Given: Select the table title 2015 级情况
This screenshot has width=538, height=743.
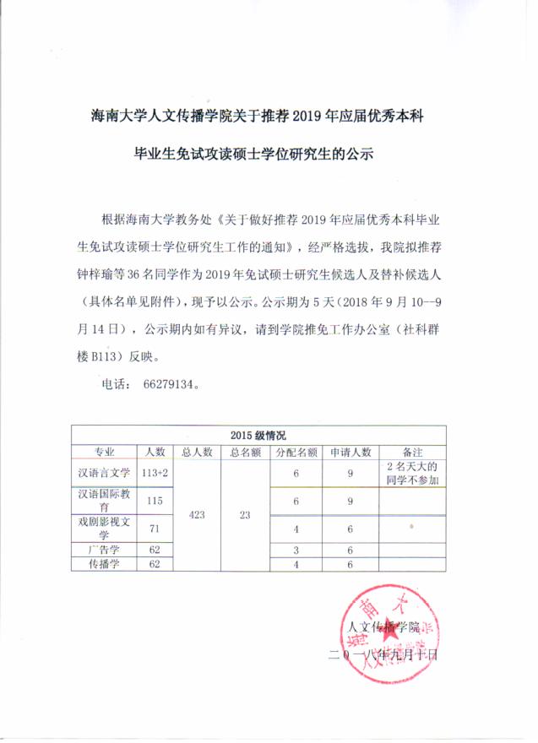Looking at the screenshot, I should coord(258,436).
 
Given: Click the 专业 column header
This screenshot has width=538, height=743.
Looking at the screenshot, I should coord(104,452).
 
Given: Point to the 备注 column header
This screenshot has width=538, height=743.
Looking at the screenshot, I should coord(412,452).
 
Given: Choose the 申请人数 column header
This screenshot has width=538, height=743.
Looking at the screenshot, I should coord(350,452).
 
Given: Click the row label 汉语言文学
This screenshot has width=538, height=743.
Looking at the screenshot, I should coord(104,475).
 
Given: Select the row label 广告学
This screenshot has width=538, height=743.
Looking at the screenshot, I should coord(104,550).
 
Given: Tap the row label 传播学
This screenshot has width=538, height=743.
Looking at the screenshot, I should coord(104,563).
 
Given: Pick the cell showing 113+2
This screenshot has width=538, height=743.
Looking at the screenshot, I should coord(155,475).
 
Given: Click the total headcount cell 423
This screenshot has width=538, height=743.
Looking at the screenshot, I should coord(196,514).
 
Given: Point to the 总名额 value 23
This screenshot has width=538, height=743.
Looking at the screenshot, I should coord(245,514).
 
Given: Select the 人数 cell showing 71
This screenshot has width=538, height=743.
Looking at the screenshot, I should coord(155,529).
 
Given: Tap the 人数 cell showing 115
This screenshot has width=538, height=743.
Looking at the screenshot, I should coord(155,502).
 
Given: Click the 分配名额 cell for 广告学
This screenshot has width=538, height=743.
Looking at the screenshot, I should coord(296,550).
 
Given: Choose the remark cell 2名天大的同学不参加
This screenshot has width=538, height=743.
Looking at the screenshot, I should coord(412,474).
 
